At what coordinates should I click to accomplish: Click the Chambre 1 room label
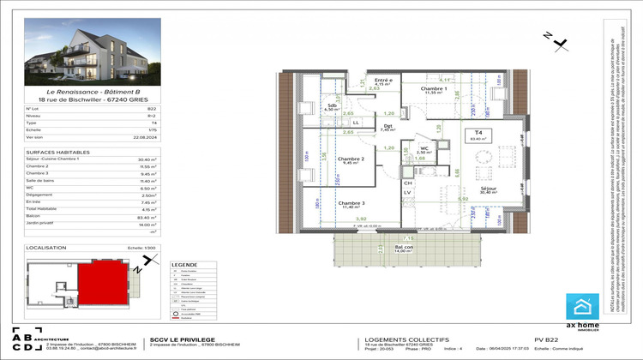coord(435,89)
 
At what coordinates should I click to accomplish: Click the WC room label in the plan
coord(423,146)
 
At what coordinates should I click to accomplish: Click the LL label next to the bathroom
coord(357,123)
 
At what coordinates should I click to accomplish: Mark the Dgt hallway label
coord(388,127)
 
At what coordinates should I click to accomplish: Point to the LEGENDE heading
coord(184,265)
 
